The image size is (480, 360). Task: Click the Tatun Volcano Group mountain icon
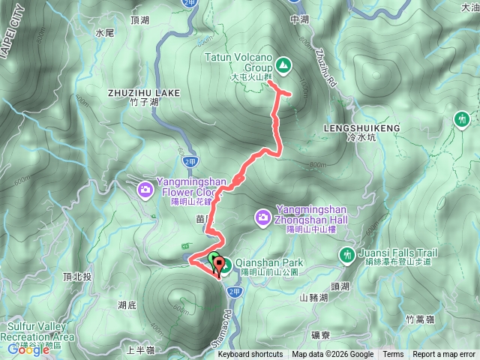coord(283,66)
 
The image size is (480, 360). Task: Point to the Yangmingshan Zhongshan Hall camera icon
coord(263,217)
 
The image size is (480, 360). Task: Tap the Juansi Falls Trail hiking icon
coord(347,255)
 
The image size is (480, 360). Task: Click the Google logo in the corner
coord(28,349)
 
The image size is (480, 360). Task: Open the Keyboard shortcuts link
coord(250,355)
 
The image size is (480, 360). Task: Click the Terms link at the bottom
coord(393,355)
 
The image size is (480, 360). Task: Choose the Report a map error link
coord(444,355)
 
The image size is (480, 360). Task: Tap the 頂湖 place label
coord(139,20)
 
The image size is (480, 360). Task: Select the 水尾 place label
coord(104,34)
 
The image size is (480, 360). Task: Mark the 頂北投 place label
coord(77,276)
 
